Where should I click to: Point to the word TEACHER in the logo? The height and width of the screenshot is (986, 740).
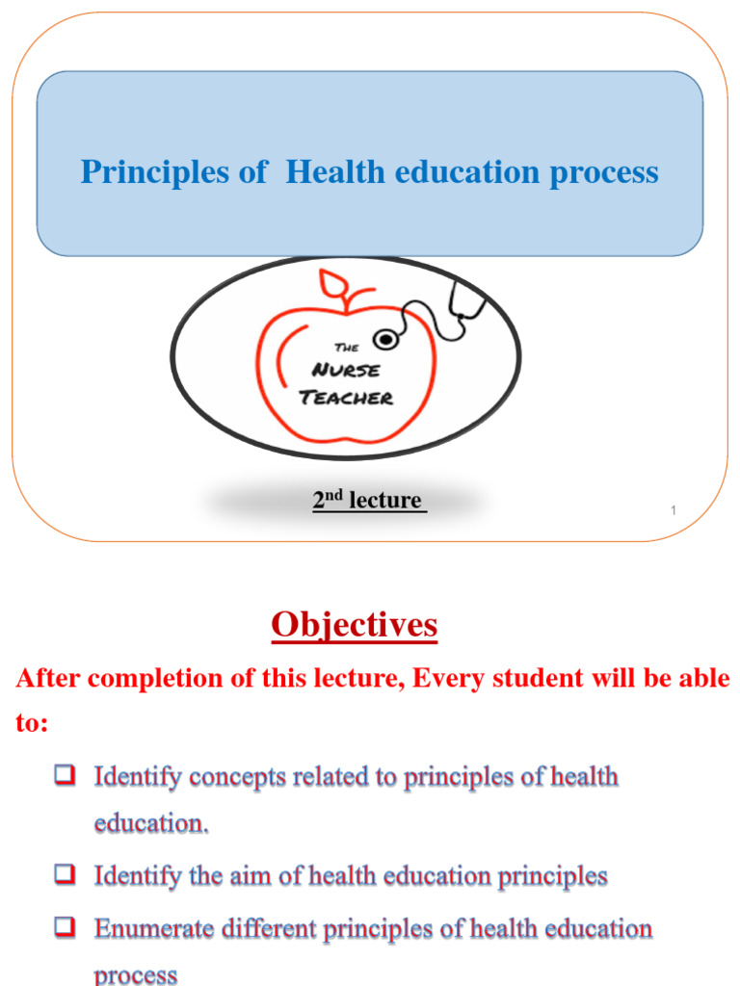347,397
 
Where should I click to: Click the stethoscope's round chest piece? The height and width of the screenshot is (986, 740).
387,340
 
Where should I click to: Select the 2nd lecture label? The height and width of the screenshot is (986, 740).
367,501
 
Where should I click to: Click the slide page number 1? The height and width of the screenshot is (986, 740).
674,509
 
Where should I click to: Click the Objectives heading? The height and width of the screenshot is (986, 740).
354,626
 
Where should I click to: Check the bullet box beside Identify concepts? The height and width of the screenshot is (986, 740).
66,775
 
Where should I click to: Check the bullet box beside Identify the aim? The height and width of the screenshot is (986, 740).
66,875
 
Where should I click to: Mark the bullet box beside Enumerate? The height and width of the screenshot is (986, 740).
66,928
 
